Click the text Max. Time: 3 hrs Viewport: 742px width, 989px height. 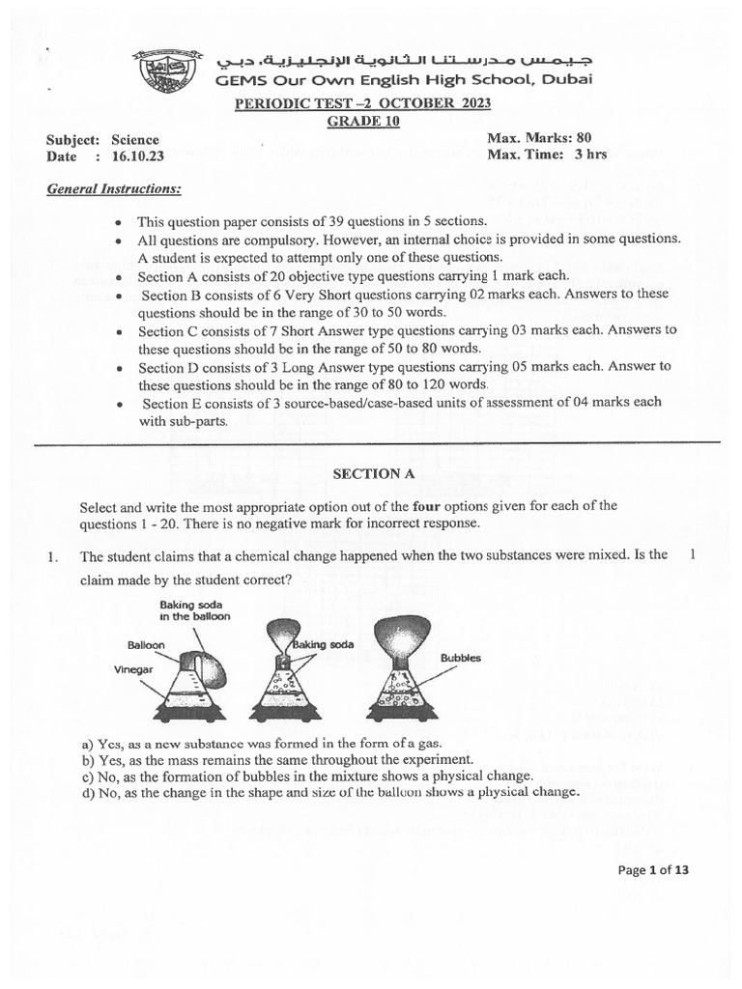[547, 155]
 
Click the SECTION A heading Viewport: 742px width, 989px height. [366, 473]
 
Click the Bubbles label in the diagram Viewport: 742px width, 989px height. [460, 658]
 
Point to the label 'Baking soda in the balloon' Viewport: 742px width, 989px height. [196, 610]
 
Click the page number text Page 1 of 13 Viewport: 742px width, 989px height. [653, 869]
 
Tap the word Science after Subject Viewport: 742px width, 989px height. [135, 139]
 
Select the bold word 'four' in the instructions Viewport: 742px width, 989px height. [426, 506]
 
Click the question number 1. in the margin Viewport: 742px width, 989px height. [53, 556]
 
